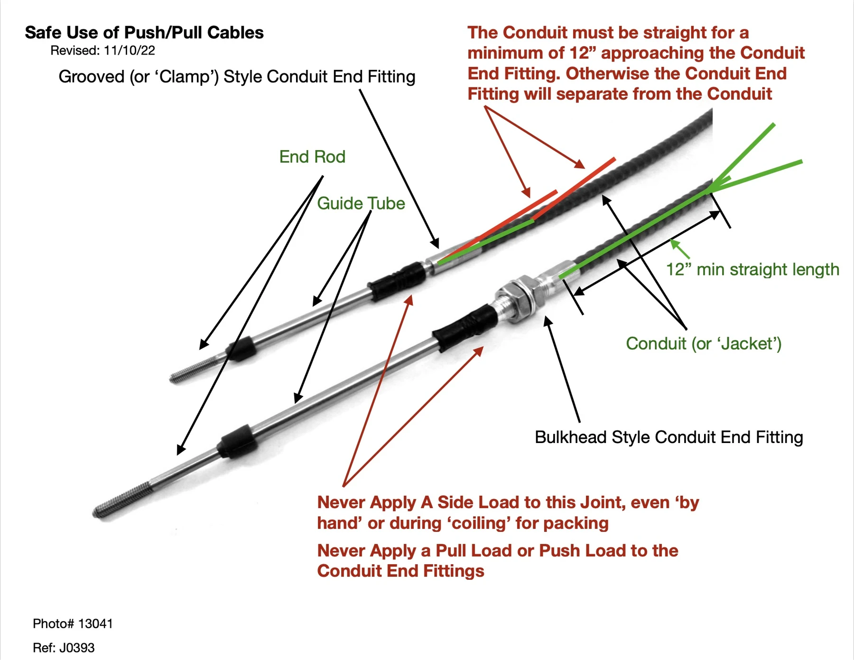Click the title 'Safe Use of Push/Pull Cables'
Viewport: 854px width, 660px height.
coord(144,33)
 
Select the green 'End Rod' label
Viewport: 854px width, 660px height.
coord(312,157)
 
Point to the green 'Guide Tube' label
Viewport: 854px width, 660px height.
coord(361,203)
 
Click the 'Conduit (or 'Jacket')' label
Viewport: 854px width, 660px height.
coord(704,343)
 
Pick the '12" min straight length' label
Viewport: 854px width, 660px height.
coord(752,269)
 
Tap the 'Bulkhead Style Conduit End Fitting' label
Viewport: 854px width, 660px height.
coord(669,437)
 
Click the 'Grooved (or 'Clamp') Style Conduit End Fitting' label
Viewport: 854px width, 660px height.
coord(237,76)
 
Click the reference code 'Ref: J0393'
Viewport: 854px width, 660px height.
coord(64,648)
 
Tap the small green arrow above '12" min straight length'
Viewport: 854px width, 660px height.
coord(679,249)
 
